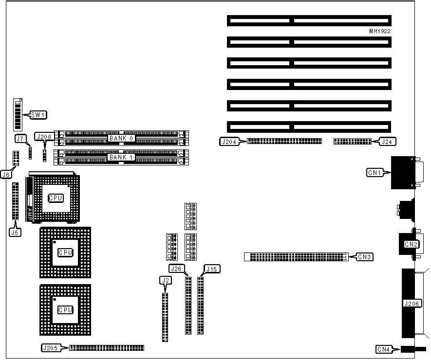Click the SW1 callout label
coord(37,115)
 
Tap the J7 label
coord(20,139)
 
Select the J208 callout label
coord(43,137)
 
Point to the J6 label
coord(6,174)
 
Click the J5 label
coord(15,232)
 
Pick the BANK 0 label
coord(121,138)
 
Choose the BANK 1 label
coord(121,157)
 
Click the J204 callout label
coord(228,142)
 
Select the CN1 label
coord(375,172)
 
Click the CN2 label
coord(411,244)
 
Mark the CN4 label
coord(384,349)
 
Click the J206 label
coord(413,304)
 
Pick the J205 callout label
coord(51,348)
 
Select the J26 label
coord(176,269)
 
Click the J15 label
coord(211,269)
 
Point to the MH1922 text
coord(380,31)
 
